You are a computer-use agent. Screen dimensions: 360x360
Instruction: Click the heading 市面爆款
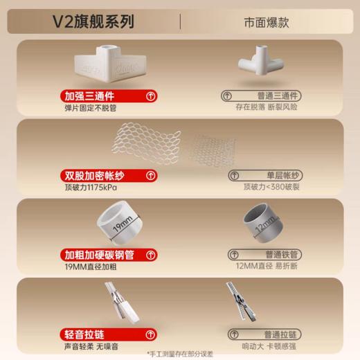[x=267, y=22]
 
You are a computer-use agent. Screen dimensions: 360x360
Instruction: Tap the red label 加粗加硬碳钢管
[x=101, y=255]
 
